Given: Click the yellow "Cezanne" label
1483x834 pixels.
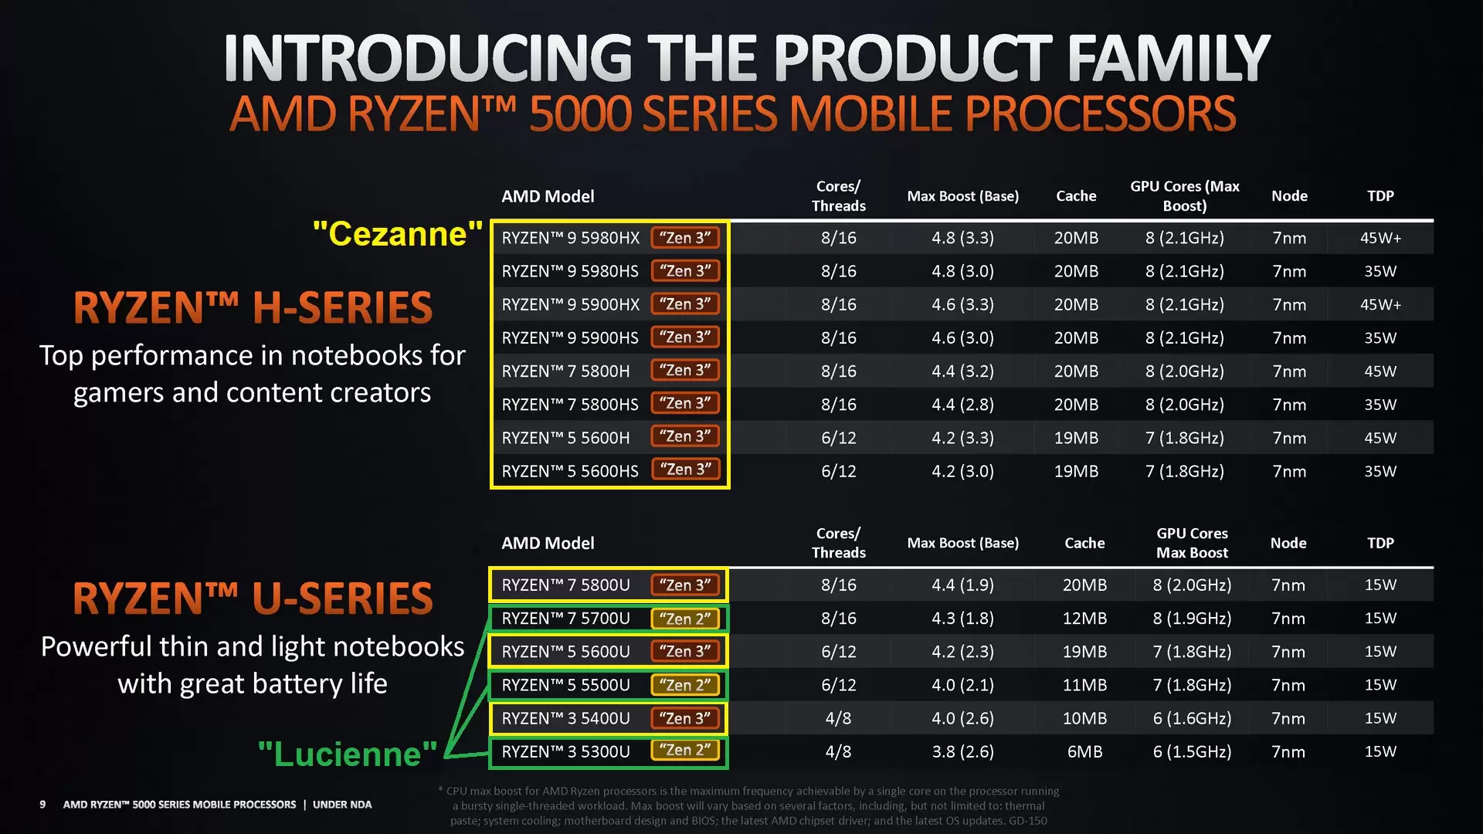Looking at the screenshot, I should point(398,234).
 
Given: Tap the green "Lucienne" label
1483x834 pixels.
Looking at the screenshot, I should point(348,754).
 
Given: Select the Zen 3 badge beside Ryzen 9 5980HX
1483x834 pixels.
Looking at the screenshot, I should point(685,238).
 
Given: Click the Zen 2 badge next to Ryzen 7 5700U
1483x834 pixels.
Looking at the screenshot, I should point(685,619).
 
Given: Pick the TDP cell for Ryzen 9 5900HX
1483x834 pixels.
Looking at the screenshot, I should point(1380,304).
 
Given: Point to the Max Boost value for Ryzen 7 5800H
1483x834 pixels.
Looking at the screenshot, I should point(962,371).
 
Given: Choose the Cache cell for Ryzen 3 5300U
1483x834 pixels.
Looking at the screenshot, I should point(1084,751).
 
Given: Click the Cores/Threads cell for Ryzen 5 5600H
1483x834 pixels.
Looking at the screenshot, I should point(838,438).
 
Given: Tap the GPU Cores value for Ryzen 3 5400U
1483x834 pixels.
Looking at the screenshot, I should point(1192,718).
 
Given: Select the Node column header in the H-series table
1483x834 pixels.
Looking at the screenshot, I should point(1289,196).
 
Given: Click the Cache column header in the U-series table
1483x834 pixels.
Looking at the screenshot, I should point(1084,543).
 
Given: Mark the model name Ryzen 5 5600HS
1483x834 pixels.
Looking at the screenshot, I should point(570,471).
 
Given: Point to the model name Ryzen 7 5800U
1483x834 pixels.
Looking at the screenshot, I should point(565,585).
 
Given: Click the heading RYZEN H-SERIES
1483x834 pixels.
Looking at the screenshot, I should point(253,307).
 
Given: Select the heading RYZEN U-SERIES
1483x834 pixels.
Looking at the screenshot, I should point(253,598).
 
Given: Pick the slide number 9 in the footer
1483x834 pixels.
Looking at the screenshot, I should point(42,805).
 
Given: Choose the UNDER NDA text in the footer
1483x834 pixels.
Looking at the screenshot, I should point(342,805).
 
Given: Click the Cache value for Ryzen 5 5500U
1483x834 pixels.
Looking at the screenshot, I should point(1084,685).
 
